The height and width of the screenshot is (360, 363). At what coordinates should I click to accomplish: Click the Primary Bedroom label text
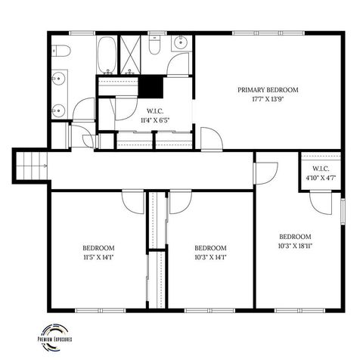[268, 90]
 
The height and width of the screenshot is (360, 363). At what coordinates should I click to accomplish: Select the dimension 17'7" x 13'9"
[268, 100]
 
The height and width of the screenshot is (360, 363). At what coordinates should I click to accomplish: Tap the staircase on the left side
[30, 164]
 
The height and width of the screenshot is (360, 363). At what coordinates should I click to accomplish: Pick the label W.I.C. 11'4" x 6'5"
[153, 114]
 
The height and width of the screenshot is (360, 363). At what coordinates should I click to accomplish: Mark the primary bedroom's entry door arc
[211, 139]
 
